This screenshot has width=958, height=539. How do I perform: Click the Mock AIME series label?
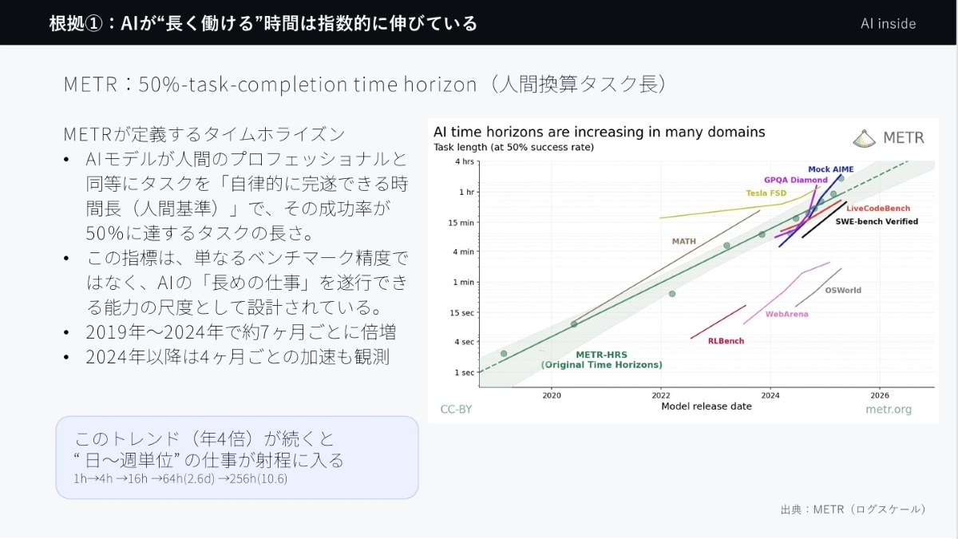point(830,169)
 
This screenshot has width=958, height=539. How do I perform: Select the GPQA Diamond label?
point(795,180)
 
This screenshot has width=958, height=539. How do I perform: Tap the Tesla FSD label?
point(766,193)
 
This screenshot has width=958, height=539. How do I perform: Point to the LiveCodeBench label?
point(878,208)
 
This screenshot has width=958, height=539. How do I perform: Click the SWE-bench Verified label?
point(877,222)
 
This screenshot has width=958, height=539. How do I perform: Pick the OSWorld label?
point(843,290)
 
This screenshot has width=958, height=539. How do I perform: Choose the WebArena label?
point(786,314)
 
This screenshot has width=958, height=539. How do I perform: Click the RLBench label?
point(726,341)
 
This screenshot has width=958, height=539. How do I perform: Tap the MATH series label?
point(684,241)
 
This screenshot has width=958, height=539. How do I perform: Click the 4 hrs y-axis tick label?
point(465,161)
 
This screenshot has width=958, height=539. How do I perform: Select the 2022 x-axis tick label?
point(661,395)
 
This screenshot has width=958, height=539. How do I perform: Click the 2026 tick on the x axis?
point(880,395)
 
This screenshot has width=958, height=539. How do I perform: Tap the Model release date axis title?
point(707,406)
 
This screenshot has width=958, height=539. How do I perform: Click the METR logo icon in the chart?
point(864,139)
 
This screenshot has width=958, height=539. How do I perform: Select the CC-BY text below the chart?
point(456,410)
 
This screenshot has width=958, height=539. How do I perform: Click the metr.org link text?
point(889,410)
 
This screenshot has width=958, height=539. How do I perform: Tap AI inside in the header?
point(889,23)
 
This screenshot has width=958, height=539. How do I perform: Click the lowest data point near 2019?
point(504,354)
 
